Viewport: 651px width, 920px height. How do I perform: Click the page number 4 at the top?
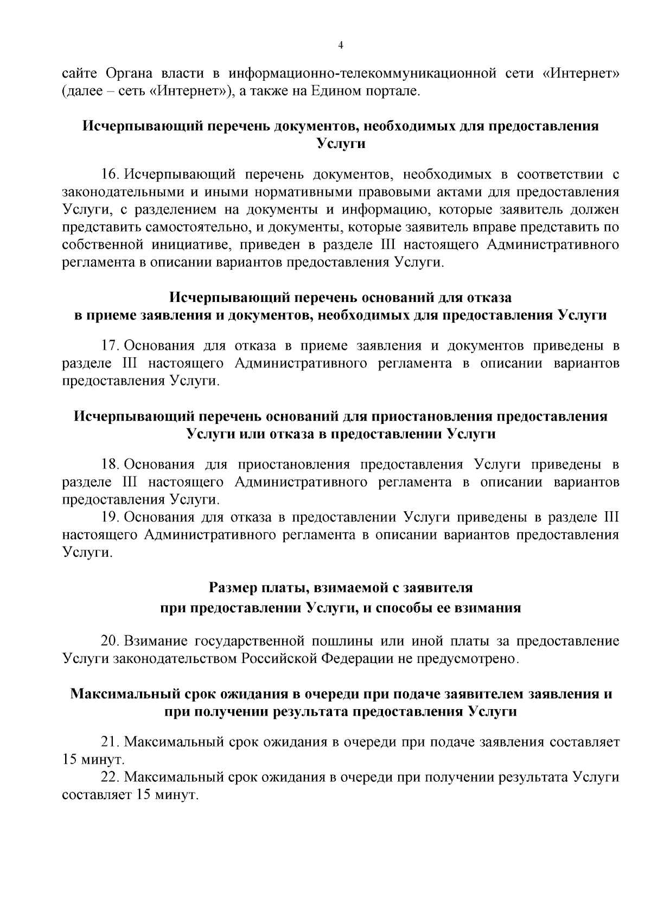(341, 46)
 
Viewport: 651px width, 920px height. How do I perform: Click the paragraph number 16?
(110, 175)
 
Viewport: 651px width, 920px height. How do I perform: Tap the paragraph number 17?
(110, 346)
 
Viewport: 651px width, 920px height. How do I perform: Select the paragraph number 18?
(110, 465)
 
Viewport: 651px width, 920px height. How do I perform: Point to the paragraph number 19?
(110, 518)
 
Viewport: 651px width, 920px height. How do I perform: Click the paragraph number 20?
(110, 641)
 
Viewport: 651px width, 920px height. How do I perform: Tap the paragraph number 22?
(110, 777)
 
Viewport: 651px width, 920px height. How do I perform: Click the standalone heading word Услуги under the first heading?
(341, 144)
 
